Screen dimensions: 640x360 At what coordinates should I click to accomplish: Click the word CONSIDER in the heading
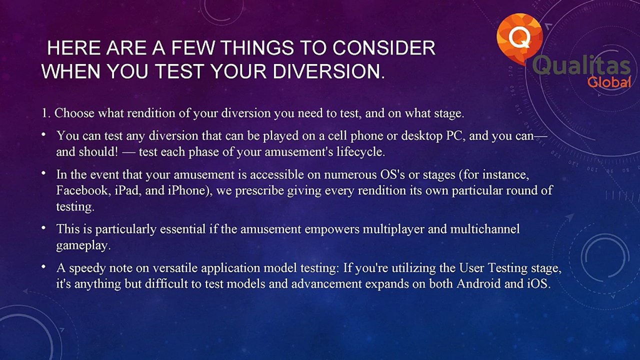pos(383,47)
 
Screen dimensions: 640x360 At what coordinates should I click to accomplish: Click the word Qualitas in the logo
pos(581,65)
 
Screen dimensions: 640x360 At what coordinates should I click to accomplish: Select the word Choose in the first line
pos(74,113)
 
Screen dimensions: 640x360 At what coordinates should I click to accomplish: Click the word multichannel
pos(485,229)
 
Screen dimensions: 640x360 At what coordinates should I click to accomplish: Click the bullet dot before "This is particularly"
pos(43,228)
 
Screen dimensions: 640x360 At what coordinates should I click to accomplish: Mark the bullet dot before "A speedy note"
pos(43,267)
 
